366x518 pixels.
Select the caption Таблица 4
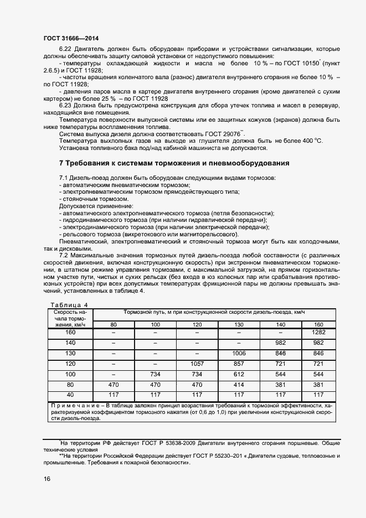coord(69,305)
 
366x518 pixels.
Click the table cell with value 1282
coord(318,332)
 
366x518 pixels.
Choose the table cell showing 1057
coord(198,364)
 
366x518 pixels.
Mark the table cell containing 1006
coord(239,354)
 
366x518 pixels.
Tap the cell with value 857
coord(239,364)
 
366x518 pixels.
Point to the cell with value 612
coord(239,375)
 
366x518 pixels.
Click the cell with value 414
coord(239,385)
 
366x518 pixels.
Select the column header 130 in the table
coord(239,324)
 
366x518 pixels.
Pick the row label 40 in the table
coord(70,395)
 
